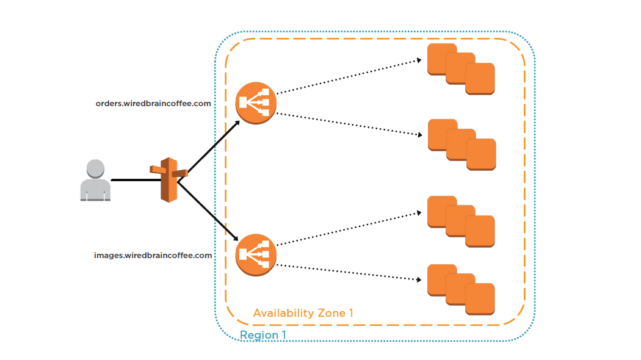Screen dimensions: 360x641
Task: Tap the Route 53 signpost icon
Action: pos(167,179)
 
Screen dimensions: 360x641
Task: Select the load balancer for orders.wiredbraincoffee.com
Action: pos(256,103)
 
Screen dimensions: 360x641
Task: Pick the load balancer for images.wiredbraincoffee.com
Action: pos(256,255)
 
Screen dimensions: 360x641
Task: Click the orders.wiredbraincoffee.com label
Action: pos(153,104)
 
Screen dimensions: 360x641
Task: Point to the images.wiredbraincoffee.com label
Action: pos(153,255)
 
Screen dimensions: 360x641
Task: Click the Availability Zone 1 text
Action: pos(303,313)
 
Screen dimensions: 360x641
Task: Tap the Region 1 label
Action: pos(263,336)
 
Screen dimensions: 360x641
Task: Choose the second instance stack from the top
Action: pos(462,145)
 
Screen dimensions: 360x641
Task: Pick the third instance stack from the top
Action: pos(460,221)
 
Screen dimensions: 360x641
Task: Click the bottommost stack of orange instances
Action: pos(460,290)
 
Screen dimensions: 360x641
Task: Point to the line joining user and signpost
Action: pos(131,180)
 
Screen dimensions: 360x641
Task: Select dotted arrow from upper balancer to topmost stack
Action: pos(348,76)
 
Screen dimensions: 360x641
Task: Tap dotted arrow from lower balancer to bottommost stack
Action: pos(348,272)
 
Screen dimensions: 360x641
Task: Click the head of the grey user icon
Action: pos(95,168)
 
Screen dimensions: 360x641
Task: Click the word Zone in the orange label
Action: pos(331,313)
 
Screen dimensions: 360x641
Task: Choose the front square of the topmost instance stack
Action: pos(480,79)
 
